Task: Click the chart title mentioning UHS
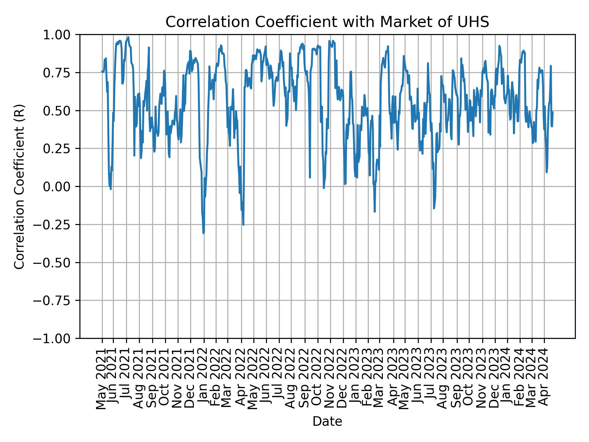[x=327, y=22]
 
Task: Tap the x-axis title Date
[x=327, y=421]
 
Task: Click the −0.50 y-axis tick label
[x=56, y=262]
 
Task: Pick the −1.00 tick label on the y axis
[x=56, y=339]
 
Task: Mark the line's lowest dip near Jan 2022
[x=203, y=233]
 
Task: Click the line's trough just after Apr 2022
[x=243, y=225]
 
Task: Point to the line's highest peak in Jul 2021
[x=128, y=37]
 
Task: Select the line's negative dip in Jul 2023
[x=434, y=208]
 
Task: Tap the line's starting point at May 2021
[x=102, y=72]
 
